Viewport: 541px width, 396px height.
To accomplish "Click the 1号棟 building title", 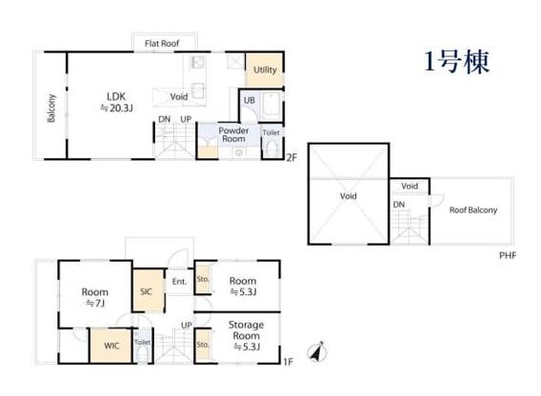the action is [456, 62].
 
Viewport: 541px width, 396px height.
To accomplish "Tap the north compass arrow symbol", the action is [317, 352].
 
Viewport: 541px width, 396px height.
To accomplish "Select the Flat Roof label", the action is [162, 44].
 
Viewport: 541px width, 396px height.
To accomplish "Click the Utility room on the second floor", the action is [265, 69].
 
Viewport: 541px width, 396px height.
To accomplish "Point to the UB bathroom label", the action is [250, 100].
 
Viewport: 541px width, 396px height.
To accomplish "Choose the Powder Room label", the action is [233, 134].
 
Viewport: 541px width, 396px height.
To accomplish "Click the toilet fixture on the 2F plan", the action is [272, 148].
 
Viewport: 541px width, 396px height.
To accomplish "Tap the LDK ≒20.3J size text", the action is [116, 103].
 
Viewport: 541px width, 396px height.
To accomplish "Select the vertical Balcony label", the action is [51, 108].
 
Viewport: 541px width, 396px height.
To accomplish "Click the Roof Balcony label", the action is [473, 210].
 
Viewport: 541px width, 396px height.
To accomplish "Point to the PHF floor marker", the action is [508, 256].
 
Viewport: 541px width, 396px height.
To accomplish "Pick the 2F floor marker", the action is [291, 158].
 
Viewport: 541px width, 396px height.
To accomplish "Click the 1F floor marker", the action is [288, 362].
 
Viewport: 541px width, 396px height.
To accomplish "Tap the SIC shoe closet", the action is [149, 290].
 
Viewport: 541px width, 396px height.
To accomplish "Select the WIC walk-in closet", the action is [111, 346].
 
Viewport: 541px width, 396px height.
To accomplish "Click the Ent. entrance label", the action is [179, 282].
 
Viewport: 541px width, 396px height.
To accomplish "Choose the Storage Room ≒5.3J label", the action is [247, 336].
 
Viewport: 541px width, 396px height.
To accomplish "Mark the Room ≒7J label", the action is [95, 297].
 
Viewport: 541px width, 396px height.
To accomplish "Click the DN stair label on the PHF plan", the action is [399, 205].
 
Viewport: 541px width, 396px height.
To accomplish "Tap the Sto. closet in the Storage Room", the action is [203, 345].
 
